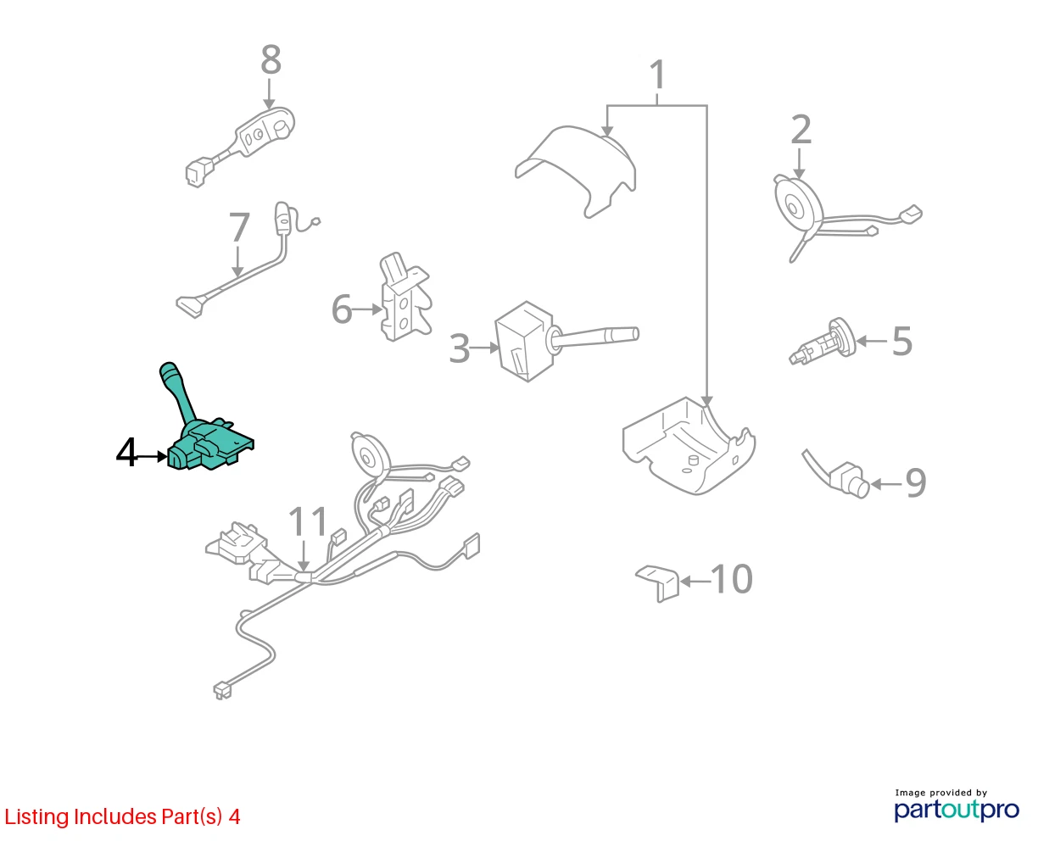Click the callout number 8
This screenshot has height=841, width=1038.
tap(271, 60)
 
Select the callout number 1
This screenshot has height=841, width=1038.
tap(658, 75)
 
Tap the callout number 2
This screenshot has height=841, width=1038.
tap(801, 129)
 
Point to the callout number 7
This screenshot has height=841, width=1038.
tap(239, 227)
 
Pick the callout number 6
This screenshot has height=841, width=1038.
tap(341, 309)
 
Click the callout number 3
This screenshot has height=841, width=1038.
tap(459, 348)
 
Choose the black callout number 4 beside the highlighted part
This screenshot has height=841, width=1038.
tap(126, 453)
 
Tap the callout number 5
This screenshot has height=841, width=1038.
tap(901, 341)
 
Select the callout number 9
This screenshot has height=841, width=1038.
tap(915, 483)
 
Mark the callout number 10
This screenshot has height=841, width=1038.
tap(732, 579)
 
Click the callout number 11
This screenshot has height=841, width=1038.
tap(308, 521)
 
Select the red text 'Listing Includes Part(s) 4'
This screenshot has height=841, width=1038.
tap(122, 816)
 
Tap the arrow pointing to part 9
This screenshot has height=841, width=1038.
tap(886, 484)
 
